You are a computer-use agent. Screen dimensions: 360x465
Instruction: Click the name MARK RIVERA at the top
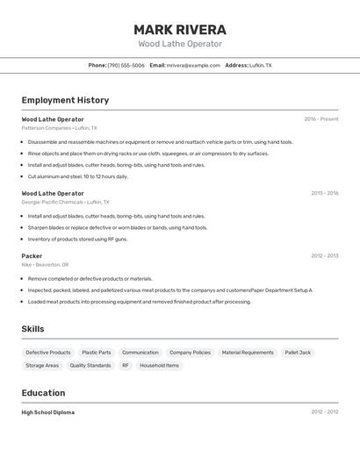[x=180, y=29]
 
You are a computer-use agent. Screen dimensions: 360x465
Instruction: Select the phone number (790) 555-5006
[x=126, y=65]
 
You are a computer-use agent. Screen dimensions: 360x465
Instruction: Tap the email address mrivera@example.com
[x=193, y=65]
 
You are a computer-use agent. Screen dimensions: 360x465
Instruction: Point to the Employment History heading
[x=65, y=100]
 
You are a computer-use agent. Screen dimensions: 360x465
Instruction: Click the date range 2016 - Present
[x=321, y=118]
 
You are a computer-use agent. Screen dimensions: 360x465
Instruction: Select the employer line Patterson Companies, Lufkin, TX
[x=59, y=128]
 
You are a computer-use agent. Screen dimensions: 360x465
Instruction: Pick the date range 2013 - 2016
[x=324, y=192]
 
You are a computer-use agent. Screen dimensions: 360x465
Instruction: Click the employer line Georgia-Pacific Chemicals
[x=64, y=202]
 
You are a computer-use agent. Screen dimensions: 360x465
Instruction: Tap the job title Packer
[x=32, y=256]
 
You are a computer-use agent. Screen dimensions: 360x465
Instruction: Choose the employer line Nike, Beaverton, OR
[x=45, y=265]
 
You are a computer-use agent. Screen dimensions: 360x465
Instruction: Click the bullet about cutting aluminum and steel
[x=77, y=176]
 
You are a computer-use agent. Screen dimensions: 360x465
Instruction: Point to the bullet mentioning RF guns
[x=77, y=239]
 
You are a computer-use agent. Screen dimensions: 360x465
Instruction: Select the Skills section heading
[x=33, y=329]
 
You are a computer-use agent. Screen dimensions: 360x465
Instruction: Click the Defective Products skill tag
[x=48, y=353]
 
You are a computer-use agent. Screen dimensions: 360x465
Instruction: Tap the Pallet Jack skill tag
[x=298, y=353]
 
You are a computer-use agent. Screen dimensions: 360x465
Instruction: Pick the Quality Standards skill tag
[x=90, y=365]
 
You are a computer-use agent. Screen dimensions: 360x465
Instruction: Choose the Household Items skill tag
[x=159, y=365]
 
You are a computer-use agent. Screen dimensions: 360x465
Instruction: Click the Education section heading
[x=43, y=393]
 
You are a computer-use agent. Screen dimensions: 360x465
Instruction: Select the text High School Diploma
[x=48, y=411]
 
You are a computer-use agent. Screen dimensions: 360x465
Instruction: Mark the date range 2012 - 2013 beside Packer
[x=324, y=256]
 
